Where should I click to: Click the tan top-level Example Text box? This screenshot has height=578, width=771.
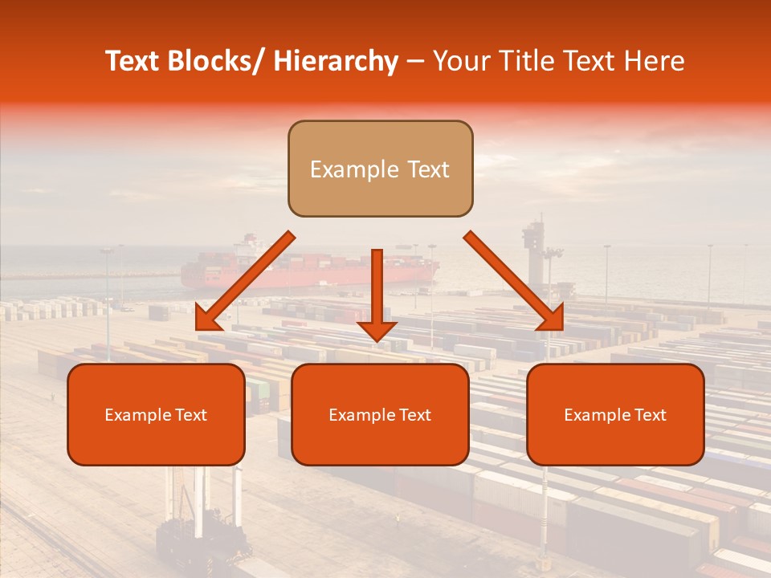point(380,169)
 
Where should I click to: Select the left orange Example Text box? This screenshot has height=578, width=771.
point(156,414)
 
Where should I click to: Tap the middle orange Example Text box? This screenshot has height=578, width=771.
point(380,414)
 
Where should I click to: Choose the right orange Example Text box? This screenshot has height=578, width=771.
point(615,414)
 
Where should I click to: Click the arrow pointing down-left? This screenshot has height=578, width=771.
point(245,282)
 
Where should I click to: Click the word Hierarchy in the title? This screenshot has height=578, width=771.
point(336,61)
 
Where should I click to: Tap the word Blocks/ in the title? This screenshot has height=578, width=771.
point(218,61)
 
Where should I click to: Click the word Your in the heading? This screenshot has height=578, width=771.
point(459,61)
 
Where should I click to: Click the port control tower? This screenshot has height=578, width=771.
point(532,241)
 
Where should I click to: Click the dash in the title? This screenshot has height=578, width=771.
point(415,62)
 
